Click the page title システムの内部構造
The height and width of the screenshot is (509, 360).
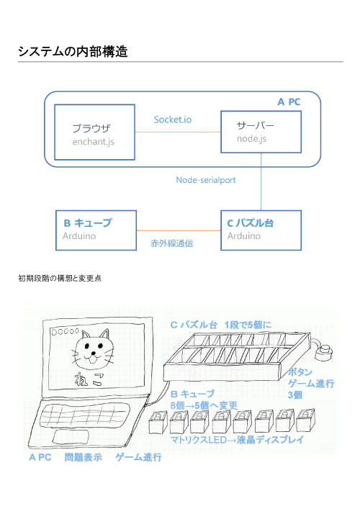point(73,51)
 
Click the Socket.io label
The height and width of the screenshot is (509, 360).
point(173,120)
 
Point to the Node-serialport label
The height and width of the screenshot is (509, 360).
point(206,180)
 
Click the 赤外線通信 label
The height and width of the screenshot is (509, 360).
point(172,243)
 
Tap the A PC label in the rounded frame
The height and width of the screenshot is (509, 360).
point(289,102)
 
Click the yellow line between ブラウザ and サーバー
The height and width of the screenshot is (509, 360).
point(178,132)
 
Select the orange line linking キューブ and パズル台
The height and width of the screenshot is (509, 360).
point(179,230)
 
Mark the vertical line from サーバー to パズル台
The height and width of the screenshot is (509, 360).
point(261,181)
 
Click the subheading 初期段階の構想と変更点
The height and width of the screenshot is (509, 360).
point(60,278)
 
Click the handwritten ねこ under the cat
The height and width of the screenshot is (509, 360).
point(89,379)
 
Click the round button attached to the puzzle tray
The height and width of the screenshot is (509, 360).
point(324,352)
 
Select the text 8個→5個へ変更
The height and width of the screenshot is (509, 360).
point(204,405)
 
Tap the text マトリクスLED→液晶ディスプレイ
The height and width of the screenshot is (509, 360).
point(237,440)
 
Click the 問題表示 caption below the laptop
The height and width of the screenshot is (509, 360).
point(83,457)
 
